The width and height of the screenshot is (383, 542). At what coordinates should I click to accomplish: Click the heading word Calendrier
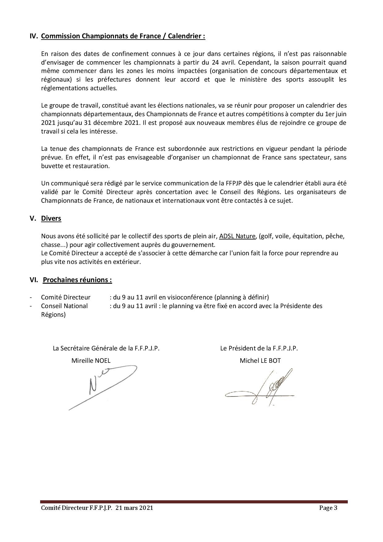185,36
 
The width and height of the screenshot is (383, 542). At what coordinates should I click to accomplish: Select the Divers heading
51,218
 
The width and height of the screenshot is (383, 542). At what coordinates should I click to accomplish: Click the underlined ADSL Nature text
237,236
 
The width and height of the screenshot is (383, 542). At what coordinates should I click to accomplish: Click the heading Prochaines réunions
77,280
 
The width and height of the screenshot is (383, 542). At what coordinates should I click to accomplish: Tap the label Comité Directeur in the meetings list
65,297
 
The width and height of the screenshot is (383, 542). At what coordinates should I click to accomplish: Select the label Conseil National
64,306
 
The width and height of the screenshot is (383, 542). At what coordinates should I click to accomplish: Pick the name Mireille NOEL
91,360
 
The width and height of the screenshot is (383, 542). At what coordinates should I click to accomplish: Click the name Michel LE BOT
260,360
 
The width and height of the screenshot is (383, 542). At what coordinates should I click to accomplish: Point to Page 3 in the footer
329,508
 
